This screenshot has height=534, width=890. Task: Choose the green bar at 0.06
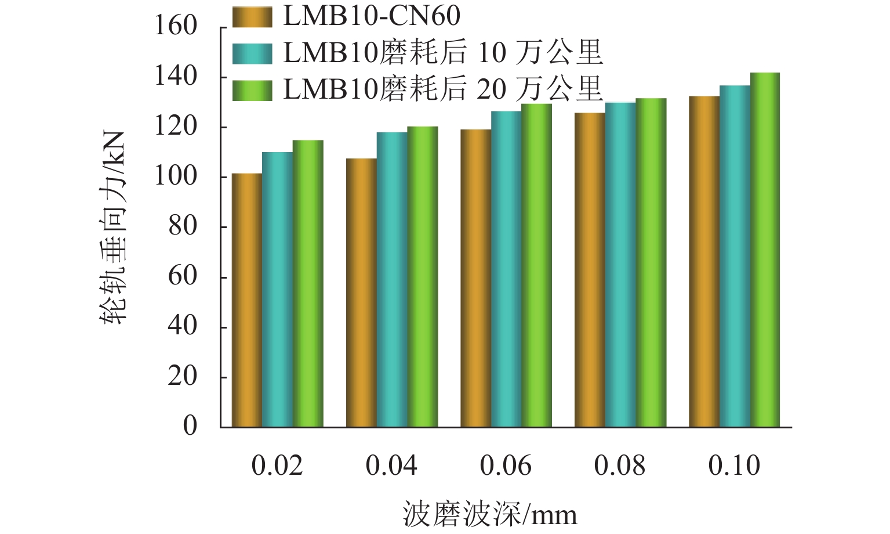point(536,265)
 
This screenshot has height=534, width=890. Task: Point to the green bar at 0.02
point(308,284)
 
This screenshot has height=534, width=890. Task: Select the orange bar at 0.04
point(361,293)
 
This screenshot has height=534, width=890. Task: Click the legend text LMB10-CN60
point(372,16)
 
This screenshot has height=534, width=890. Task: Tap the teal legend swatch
point(252,53)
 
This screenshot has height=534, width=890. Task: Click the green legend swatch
point(252,91)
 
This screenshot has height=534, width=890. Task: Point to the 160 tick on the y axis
point(175,26)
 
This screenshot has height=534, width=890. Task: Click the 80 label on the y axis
point(183,226)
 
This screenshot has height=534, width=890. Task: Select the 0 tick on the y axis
point(190,427)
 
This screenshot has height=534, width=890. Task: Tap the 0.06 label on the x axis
point(506,466)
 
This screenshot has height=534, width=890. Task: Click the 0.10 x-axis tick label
point(734,466)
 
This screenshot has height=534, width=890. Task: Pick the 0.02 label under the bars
point(277,466)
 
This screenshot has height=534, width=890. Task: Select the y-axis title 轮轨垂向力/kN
point(114,226)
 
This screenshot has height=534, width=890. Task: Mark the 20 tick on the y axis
point(183,377)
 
